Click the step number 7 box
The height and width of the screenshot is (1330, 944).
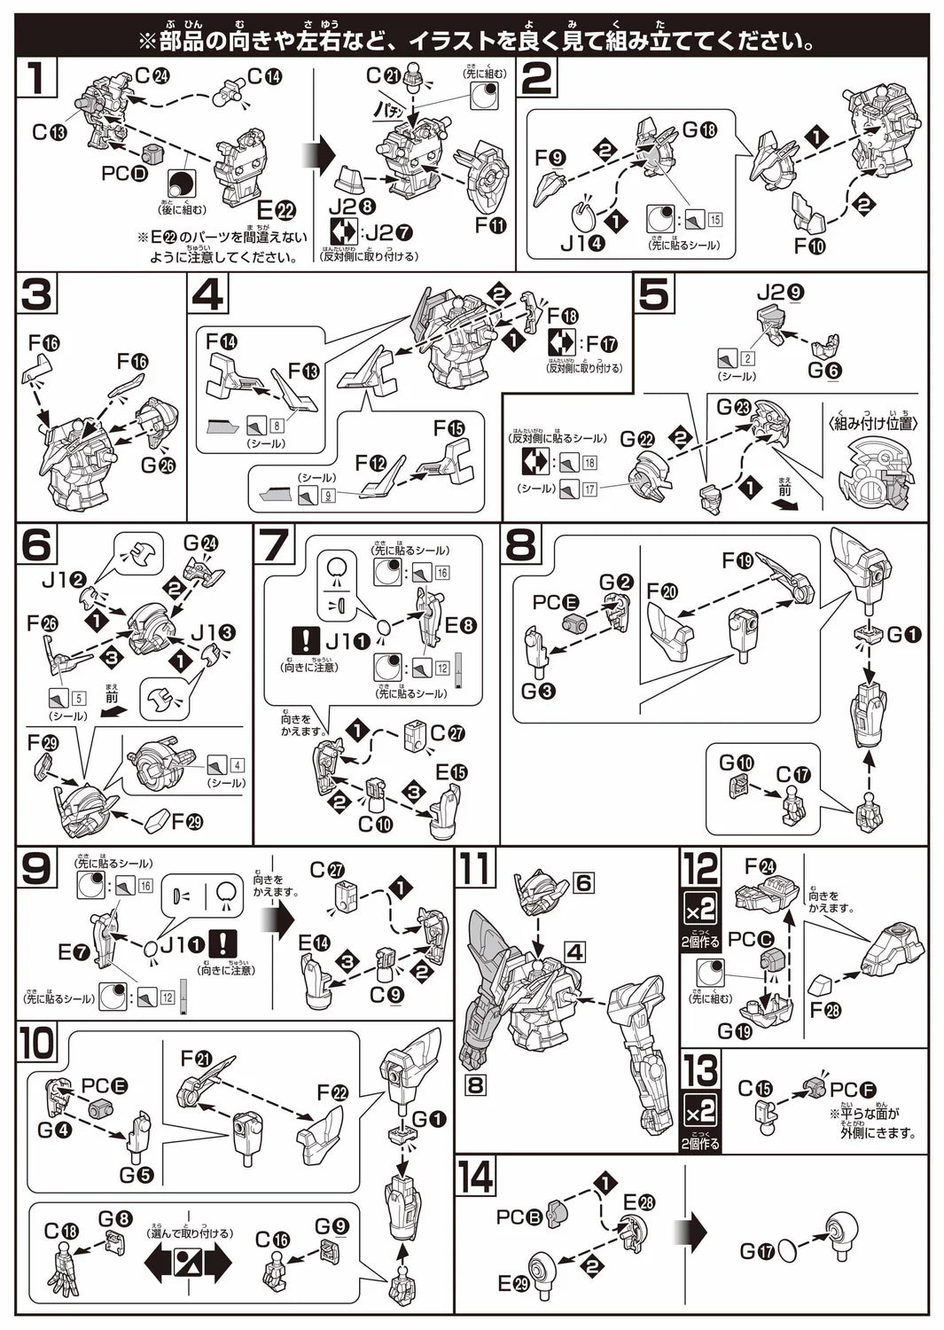coord(274,544)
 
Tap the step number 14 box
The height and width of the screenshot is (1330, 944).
coord(477,1177)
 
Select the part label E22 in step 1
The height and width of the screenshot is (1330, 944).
coord(275,210)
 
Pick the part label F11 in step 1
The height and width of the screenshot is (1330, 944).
coord(489,225)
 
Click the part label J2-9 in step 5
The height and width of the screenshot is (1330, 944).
coord(781,293)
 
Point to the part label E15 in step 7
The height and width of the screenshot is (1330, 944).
coord(450,772)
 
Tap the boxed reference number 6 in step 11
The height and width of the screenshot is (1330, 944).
coord(582,882)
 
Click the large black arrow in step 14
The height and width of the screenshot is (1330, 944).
coord(690,1233)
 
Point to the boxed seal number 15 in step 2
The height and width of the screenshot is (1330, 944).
coord(714,220)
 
